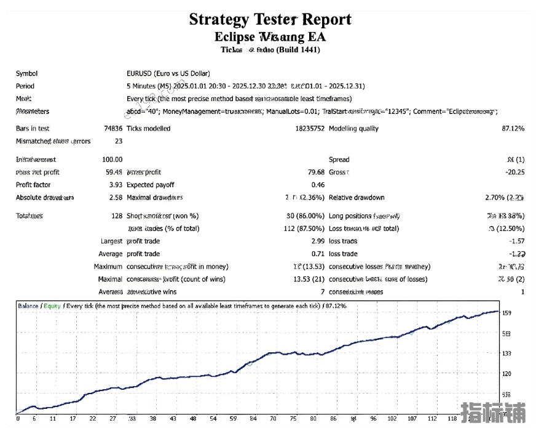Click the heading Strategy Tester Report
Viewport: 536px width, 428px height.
tap(270, 19)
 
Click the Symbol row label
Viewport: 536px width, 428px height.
tap(26, 73)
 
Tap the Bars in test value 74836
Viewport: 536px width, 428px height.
tap(113, 129)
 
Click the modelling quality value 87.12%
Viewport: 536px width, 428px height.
tap(513, 129)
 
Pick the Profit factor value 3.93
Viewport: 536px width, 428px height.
tap(114, 185)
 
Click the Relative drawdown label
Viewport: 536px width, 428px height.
tap(357, 198)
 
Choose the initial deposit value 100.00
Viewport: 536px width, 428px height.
tap(112, 159)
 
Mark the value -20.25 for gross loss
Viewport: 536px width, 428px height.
tap(514, 172)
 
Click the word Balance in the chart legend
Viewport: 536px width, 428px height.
tap(28, 305)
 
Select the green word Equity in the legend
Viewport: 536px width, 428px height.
tap(52, 305)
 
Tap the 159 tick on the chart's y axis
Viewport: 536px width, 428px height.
tap(506, 313)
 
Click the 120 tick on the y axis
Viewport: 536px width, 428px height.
tap(506, 374)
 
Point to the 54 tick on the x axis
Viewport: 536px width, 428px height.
tap(213, 419)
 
